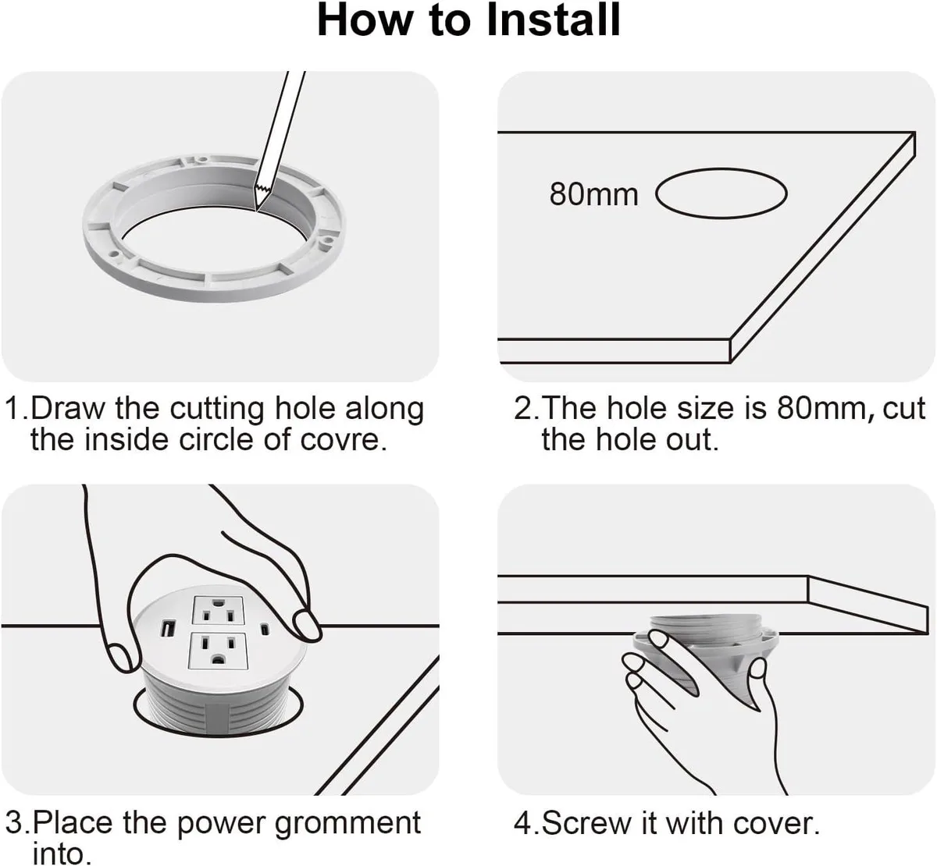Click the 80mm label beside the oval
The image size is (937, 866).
593,194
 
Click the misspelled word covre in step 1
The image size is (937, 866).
343,439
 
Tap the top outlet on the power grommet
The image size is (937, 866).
218,610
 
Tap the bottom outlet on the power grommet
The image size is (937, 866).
218,652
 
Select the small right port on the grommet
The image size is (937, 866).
265,628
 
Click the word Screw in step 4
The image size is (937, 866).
586,824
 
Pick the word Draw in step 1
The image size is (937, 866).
69,408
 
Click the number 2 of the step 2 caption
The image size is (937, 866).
522,408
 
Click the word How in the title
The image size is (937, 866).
364,20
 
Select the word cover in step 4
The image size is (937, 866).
772,824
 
